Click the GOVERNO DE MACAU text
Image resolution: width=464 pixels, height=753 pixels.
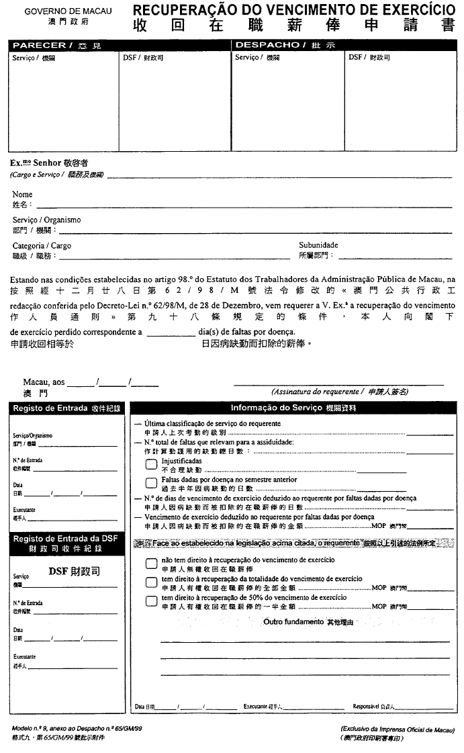coord(68,12)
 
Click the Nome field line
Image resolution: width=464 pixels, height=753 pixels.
coord(242,206)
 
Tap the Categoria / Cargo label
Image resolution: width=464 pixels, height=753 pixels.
coord(42,246)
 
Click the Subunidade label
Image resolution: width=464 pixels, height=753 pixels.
coord(318,245)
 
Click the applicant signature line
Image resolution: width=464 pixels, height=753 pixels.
coord(338,384)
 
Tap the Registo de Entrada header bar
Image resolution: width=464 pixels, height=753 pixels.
coord(66,408)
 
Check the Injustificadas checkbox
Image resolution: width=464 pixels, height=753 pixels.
coord(151,465)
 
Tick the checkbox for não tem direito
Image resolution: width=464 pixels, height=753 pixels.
coord(151,563)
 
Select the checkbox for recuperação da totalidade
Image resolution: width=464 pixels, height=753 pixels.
coord(151,582)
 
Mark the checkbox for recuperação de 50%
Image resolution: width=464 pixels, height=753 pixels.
coord(151,601)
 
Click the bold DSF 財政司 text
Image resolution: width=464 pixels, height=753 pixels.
coord(75,572)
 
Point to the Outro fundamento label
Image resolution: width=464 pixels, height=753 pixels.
coord(293,622)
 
